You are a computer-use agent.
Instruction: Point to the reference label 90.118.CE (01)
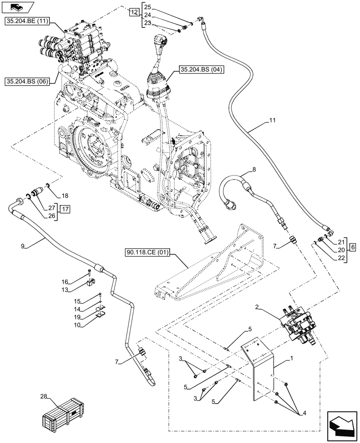pyautogui.click(x=149, y=253)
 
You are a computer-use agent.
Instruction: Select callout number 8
pyautogui.click(x=254, y=169)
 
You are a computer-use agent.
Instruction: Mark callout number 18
pyautogui.click(x=65, y=195)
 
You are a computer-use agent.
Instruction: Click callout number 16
pyautogui.click(x=65, y=281)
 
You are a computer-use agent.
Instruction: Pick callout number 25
pyautogui.click(x=148, y=8)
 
